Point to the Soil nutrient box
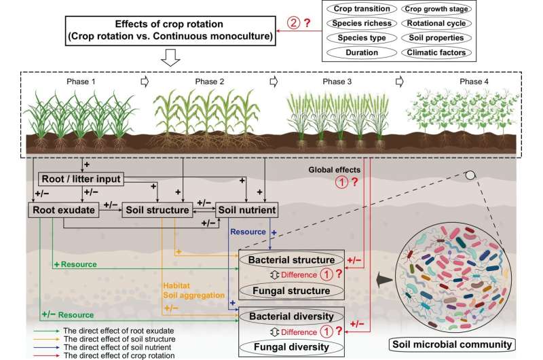[247, 211]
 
